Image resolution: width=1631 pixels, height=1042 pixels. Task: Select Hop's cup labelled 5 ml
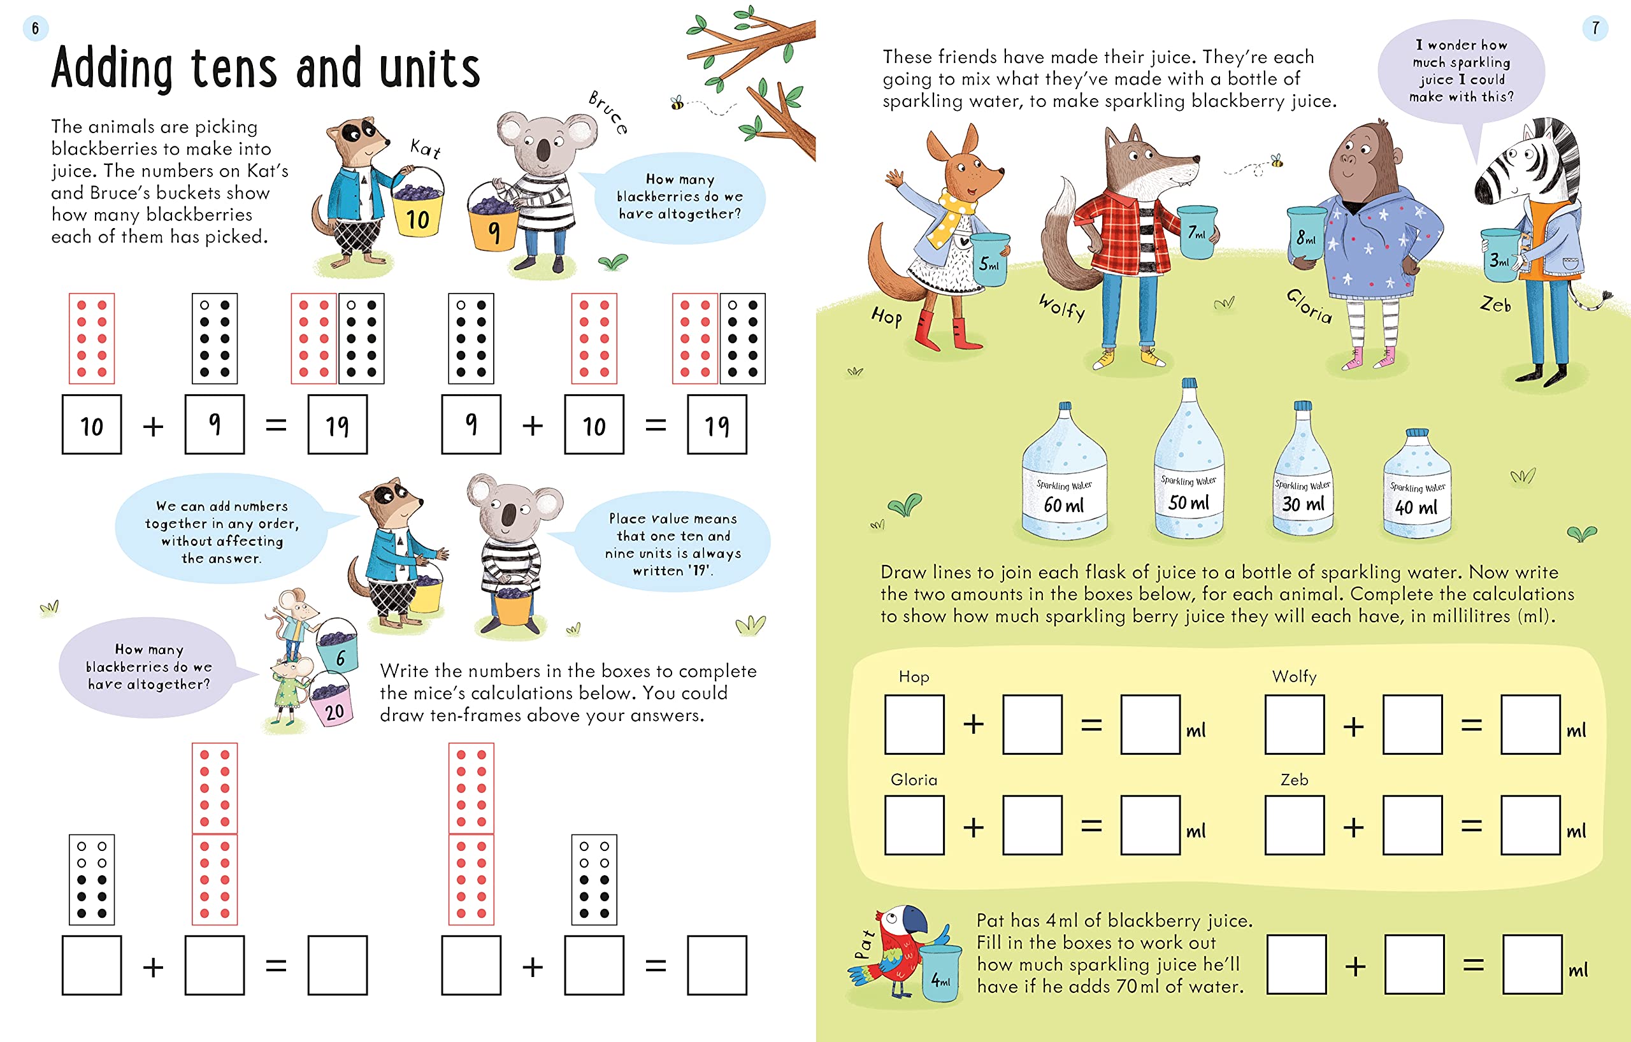tap(989, 259)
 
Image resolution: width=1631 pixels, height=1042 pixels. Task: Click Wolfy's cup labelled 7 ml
tap(1197, 232)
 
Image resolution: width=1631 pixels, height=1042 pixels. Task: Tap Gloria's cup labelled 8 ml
tap(1307, 234)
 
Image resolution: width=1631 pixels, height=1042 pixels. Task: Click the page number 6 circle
tap(35, 29)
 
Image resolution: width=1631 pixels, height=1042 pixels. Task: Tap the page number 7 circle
tap(1595, 28)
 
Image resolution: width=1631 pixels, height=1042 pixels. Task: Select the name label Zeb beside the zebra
tap(1495, 304)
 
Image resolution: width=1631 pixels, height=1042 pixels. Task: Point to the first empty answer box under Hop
tap(914, 724)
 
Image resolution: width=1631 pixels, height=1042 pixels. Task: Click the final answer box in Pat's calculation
tap(1532, 965)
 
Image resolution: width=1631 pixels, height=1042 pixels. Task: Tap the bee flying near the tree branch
tap(677, 103)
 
